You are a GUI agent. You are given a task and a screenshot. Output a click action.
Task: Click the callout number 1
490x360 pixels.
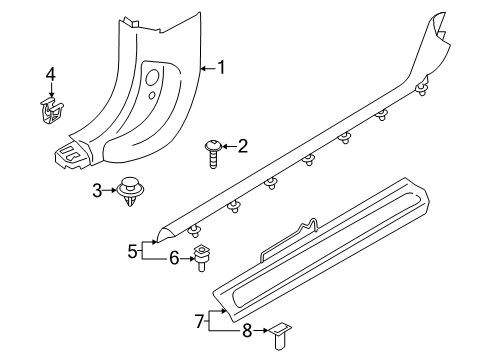tap(221, 67)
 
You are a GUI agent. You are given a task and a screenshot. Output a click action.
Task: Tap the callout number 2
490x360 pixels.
tap(243, 146)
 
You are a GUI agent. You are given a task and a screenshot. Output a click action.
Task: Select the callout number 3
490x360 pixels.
tap(97, 191)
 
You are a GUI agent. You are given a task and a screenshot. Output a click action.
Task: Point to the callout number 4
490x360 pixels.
tap(51, 74)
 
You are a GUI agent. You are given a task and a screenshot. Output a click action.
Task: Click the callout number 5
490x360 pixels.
tap(132, 251)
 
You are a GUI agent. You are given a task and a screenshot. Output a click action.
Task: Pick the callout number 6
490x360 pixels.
tap(174, 258)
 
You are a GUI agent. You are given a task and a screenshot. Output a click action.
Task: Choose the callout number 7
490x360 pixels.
tap(199, 321)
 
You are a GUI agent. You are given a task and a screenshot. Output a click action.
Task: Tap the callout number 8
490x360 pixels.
tap(247, 331)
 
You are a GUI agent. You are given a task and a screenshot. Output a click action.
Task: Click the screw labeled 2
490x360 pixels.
tap(212, 154)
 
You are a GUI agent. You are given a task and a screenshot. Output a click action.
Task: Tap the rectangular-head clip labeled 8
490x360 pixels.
tap(279, 335)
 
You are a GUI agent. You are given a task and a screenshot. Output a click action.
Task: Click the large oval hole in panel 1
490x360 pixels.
tap(152, 77)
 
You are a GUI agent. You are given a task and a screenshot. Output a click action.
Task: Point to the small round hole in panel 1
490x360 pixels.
tap(152, 95)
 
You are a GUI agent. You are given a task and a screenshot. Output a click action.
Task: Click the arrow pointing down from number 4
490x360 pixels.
tap(51, 90)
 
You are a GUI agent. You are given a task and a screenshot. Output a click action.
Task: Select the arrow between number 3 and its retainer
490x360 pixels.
tap(109, 190)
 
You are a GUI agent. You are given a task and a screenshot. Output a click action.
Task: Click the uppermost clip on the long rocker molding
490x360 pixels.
tap(423, 87)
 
